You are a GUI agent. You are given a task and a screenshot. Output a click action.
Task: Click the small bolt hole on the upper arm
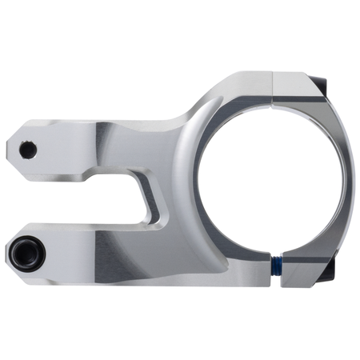click(x=28, y=148)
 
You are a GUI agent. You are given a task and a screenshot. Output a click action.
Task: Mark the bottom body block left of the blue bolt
click(x=248, y=272)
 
